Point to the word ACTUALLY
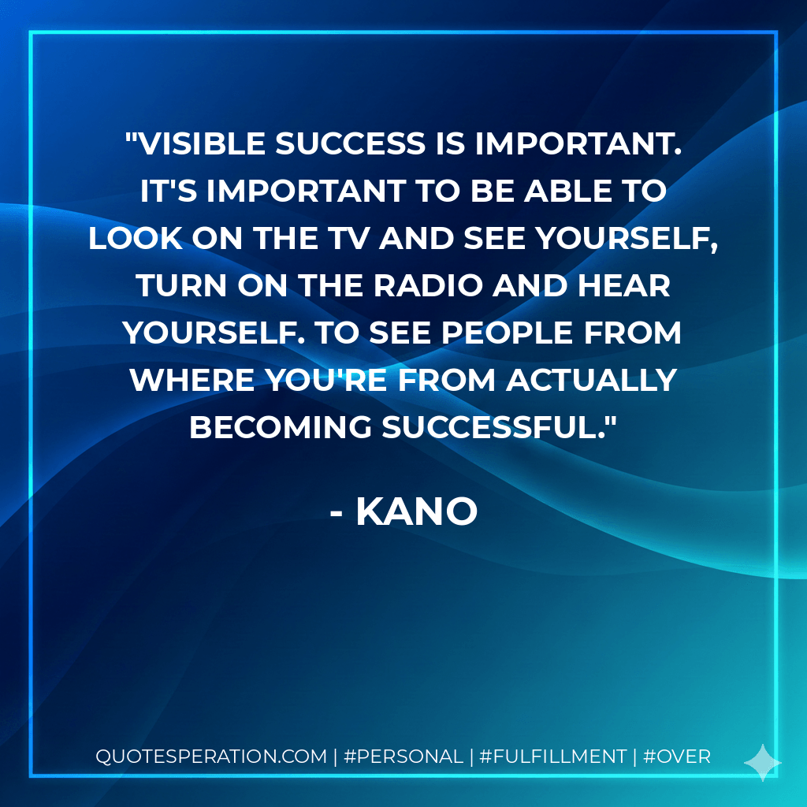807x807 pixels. tap(591, 380)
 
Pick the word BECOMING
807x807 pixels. tap(281, 426)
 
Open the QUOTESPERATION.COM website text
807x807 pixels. tap(211, 757)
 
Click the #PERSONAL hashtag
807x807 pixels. tap(404, 757)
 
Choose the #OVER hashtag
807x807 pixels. tap(677, 757)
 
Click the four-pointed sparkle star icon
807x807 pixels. tap(762, 762)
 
